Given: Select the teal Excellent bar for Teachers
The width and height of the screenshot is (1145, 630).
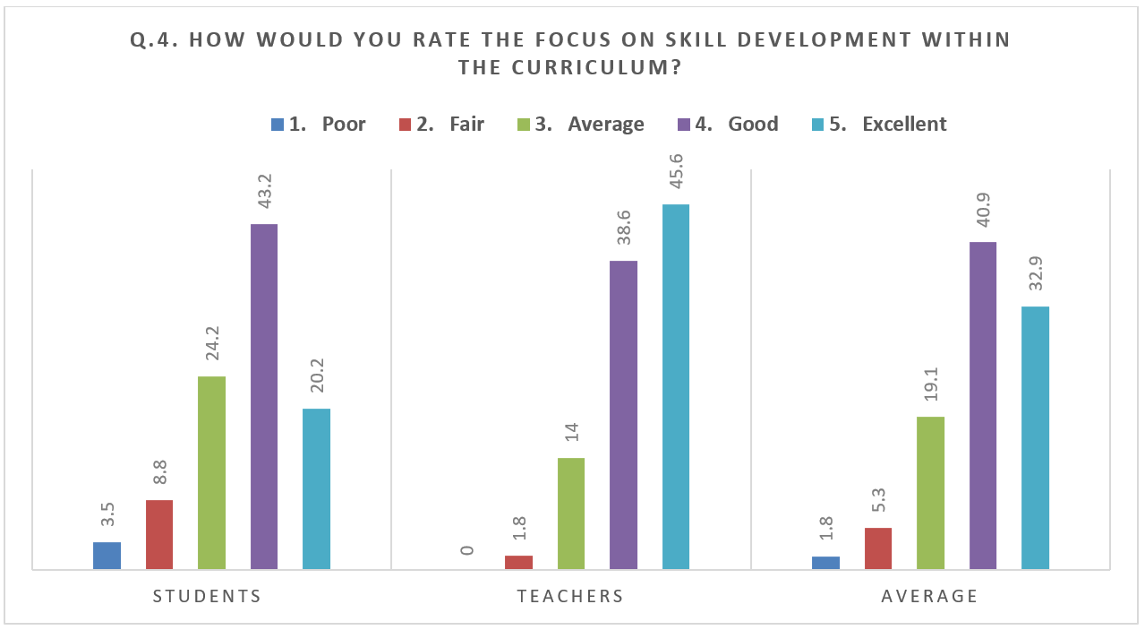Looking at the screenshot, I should point(676,386).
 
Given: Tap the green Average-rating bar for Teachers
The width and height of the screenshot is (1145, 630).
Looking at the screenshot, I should point(571,513).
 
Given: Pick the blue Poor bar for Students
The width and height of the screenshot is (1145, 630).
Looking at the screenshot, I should point(107,556).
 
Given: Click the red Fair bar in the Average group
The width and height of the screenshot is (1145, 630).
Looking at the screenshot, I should point(878,548).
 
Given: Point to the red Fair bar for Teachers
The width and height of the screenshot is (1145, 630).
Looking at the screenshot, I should point(518,562).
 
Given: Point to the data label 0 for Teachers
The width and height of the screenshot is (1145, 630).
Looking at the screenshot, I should point(466,549).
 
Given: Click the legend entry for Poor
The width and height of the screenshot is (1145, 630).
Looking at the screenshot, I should point(318,125).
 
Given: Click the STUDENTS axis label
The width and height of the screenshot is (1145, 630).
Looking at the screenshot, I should point(207,596).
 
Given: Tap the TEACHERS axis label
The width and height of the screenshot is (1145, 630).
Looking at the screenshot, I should point(570,596).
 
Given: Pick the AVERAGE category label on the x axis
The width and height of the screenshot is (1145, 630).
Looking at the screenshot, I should point(930,596).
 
